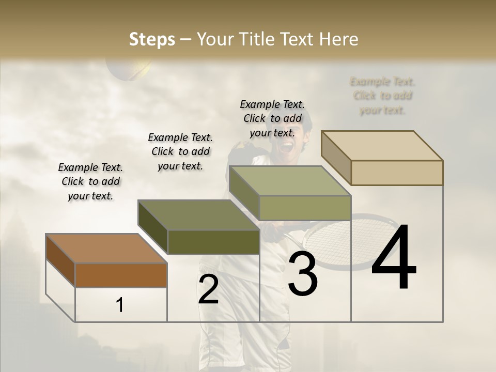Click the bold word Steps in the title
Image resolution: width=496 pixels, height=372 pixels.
pyautogui.click(x=152, y=39)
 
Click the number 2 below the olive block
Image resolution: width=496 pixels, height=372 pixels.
pyautogui.click(x=208, y=290)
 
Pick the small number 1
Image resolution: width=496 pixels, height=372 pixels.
pyautogui.click(x=120, y=305)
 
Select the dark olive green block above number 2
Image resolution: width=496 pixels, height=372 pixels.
pyautogui.click(x=213, y=241)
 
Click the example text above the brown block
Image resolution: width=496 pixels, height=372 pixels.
pyautogui.click(x=90, y=181)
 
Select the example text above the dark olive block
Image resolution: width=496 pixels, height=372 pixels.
pyautogui.click(x=180, y=151)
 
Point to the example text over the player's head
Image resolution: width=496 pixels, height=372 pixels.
pyautogui.click(x=272, y=118)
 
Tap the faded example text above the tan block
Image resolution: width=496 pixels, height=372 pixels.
pyautogui.click(x=382, y=96)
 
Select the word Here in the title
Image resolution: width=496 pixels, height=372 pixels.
pyautogui.click(x=338, y=39)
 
